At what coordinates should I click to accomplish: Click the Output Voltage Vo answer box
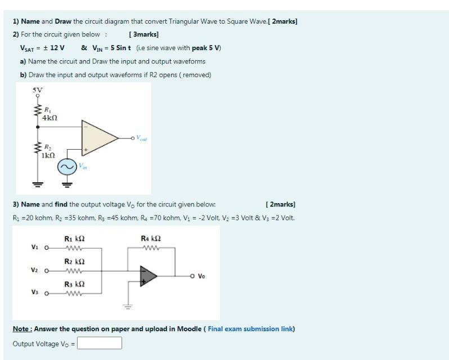[x=100, y=343]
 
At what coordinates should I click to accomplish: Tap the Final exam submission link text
[x=250, y=329]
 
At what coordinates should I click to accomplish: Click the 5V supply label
[x=37, y=89]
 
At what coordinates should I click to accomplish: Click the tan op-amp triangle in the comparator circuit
[x=98, y=136]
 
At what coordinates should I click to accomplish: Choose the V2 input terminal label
[x=35, y=270]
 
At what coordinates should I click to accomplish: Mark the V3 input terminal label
[x=35, y=292]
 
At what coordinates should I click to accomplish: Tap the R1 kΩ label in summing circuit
[x=74, y=238]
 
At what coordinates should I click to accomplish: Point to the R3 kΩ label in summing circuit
[x=74, y=284]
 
